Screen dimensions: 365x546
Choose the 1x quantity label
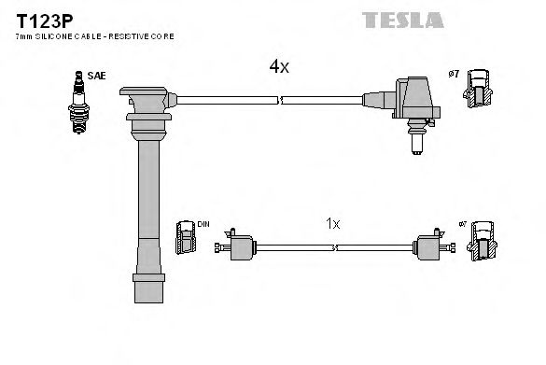point(333,225)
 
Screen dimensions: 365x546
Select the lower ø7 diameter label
point(460,226)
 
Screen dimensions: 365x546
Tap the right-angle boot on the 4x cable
point(412,104)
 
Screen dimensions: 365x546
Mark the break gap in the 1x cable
point(335,248)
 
